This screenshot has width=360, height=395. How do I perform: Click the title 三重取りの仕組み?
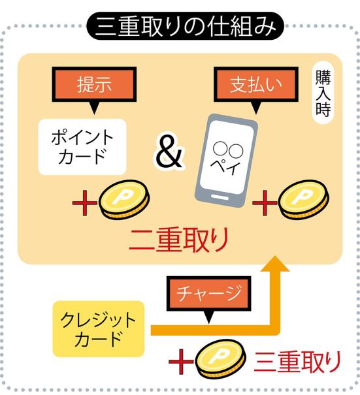coord(186,26)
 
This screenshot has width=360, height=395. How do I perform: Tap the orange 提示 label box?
coord(94,84)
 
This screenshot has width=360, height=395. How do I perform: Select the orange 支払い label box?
coord(256,84)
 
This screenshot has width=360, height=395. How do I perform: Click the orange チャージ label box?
coord(208,294)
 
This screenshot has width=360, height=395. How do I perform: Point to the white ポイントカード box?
coord(82,147)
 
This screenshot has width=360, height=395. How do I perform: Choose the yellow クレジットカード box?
coord(98,329)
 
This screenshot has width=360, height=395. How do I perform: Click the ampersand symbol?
coord(169,152)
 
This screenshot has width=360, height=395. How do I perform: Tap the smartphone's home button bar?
coord(220,197)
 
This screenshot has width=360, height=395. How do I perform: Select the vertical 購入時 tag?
coord(323,93)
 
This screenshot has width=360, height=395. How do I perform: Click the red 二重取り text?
coord(179,240)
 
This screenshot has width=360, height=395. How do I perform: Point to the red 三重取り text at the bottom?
coord(297,362)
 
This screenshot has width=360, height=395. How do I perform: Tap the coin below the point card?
coord(124,200)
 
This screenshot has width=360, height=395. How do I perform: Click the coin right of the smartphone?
coord(304,200)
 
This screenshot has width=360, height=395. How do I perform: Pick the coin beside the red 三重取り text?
coord(220,358)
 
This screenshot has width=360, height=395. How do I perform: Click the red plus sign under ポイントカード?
coord(85,203)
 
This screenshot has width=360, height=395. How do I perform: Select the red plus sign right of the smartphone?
coord(265,203)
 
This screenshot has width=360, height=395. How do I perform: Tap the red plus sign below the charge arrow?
coord(181,362)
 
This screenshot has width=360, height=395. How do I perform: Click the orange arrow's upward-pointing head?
coord(275,264)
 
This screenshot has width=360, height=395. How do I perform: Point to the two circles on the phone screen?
coord(228,150)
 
